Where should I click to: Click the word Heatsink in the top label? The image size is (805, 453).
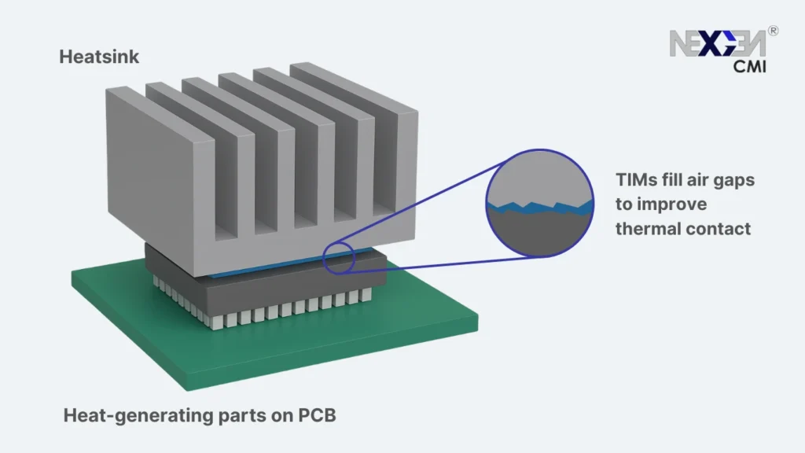pyautogui.click(x=99, y=57)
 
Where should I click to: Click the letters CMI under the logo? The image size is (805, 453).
pyautogui.click(x=749, y=68)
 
